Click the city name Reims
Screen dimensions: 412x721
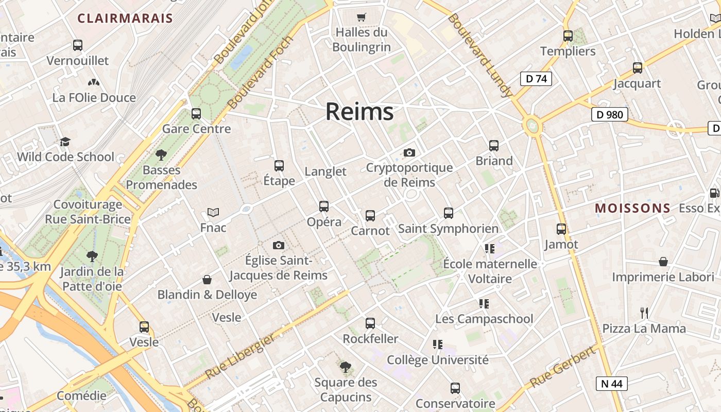coord(359,112)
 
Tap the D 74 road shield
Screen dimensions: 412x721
coord(536,79)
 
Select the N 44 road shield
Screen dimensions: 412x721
coord(612,383)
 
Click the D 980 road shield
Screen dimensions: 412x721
coord(609,114)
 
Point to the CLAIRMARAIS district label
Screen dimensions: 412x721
coord(125,19)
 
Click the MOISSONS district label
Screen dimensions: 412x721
coord(633,208)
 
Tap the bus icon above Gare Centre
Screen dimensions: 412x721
coord(196,114)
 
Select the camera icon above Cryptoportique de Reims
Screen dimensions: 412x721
coord(409,152)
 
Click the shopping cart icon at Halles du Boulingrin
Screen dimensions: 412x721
coord(361,18)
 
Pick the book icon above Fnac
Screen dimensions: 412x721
coord(213,212)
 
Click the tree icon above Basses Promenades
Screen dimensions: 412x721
coord(161,154)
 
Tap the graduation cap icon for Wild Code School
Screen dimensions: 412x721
coord(65,142)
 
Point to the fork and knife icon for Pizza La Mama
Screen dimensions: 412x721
coord(644,313)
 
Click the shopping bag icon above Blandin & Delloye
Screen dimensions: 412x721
coord(207,280)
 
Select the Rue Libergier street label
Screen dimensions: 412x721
coord(240,356)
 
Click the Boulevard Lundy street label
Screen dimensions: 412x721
coord(480,55)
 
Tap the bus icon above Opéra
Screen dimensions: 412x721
coord(324,207)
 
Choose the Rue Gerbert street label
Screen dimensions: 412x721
coord(562,368)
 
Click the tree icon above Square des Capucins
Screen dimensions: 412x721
coord(346,367)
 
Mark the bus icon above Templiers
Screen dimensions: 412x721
coord(568,36)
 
